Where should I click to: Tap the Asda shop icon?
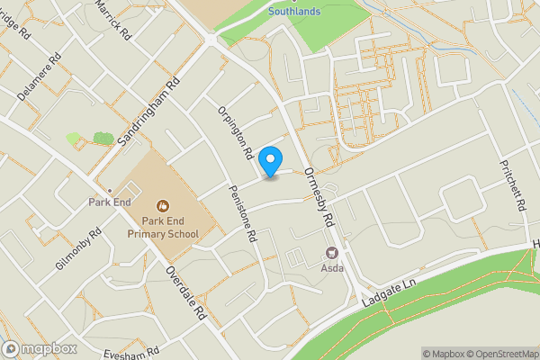(331, 254)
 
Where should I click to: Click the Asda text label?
(331, 268)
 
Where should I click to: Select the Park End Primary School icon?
(162, 206)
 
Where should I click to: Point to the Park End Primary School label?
(162, 227)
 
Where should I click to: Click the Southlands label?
(293, 12)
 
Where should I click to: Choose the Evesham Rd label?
(130, 352)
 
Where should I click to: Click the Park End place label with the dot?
(109, 202)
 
